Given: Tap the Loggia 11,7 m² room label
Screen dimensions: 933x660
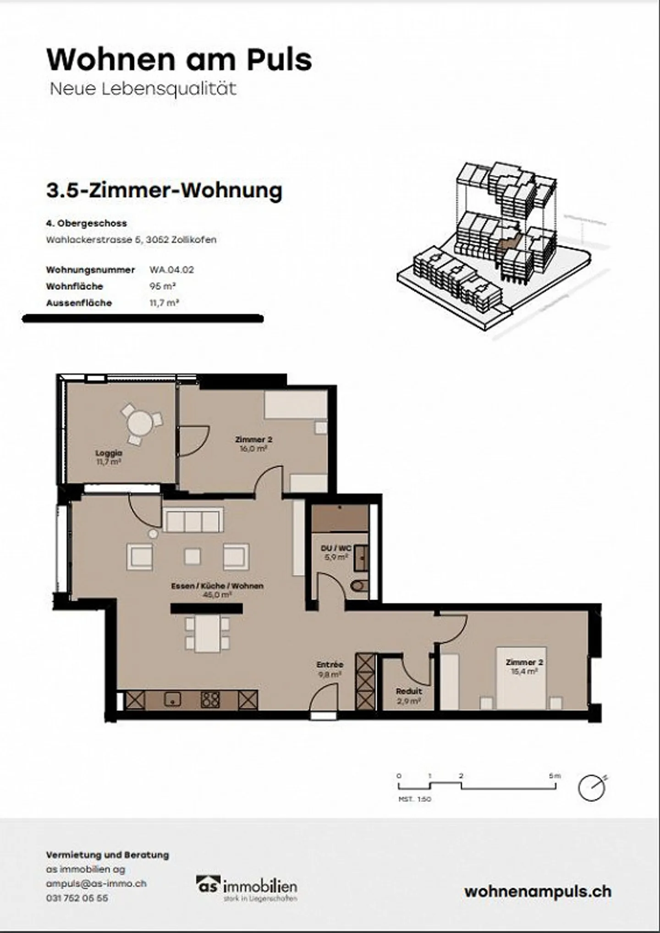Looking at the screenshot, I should click(109, 457).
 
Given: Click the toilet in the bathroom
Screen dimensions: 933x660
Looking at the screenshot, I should click(359, 586).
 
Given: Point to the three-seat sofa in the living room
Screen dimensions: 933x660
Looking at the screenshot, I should click(192, 520).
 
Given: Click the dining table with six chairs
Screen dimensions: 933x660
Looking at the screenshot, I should click(207, 633).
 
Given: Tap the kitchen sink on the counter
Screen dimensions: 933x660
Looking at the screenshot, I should click(172, 700).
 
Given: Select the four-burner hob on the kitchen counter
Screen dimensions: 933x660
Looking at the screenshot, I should click(210, 700).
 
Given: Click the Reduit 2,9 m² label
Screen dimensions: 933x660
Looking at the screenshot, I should click(408, 696).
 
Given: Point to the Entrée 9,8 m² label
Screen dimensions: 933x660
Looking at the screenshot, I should click(330, 669).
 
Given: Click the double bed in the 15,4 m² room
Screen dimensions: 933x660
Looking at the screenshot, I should click(522, 678).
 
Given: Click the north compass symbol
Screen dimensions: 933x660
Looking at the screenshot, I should click(592, 788).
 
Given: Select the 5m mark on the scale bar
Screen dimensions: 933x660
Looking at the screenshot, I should click(555, 776).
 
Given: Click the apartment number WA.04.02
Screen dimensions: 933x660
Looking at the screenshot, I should click(171, 270).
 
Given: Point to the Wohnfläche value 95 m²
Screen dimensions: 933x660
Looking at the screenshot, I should click(163, 286).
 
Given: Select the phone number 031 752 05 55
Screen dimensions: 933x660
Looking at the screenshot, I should click(77, 898).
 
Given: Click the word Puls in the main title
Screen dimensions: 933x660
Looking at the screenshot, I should click(279, 60).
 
